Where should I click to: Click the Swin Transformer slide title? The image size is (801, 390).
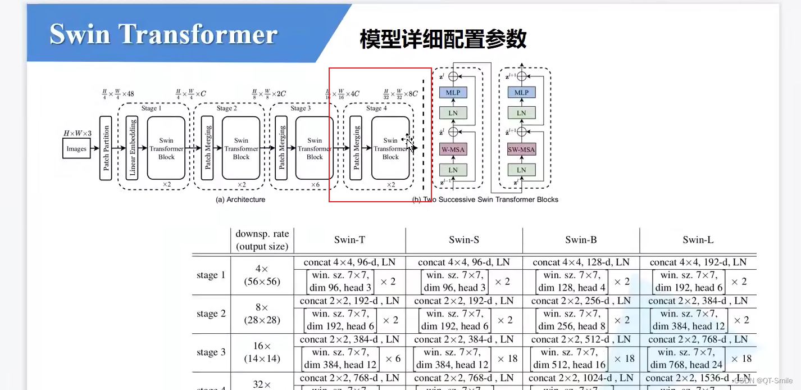pos(163,34)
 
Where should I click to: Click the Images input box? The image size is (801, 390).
pos(76,149)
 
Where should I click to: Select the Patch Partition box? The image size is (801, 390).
pos(106,148)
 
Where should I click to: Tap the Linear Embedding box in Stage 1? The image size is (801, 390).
pos(132,148)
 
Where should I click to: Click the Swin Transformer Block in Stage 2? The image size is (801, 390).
pos(241,148)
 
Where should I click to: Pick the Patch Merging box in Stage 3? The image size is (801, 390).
pos(282,148)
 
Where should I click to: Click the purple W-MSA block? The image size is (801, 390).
pos(453,149)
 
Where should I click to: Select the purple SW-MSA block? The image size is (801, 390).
pos(521,149)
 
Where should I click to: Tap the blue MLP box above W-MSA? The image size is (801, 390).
pos(453,93)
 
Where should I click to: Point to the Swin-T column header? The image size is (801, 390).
pos(349,240)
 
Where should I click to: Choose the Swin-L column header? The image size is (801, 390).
pos(698,240)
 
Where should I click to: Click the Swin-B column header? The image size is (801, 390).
pos(581,240)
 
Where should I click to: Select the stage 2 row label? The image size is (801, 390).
pos(211,314)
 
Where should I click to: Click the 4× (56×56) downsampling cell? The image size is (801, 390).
pos(262,275)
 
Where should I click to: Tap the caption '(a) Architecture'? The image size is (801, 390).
pos(240,199)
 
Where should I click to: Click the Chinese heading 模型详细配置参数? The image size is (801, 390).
pos(443,39)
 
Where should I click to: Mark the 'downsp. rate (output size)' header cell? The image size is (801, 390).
pos(262,240)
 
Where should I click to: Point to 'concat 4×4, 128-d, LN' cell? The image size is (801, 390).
pos(581,262)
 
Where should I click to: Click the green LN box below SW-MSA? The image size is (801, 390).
pos(521,170)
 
